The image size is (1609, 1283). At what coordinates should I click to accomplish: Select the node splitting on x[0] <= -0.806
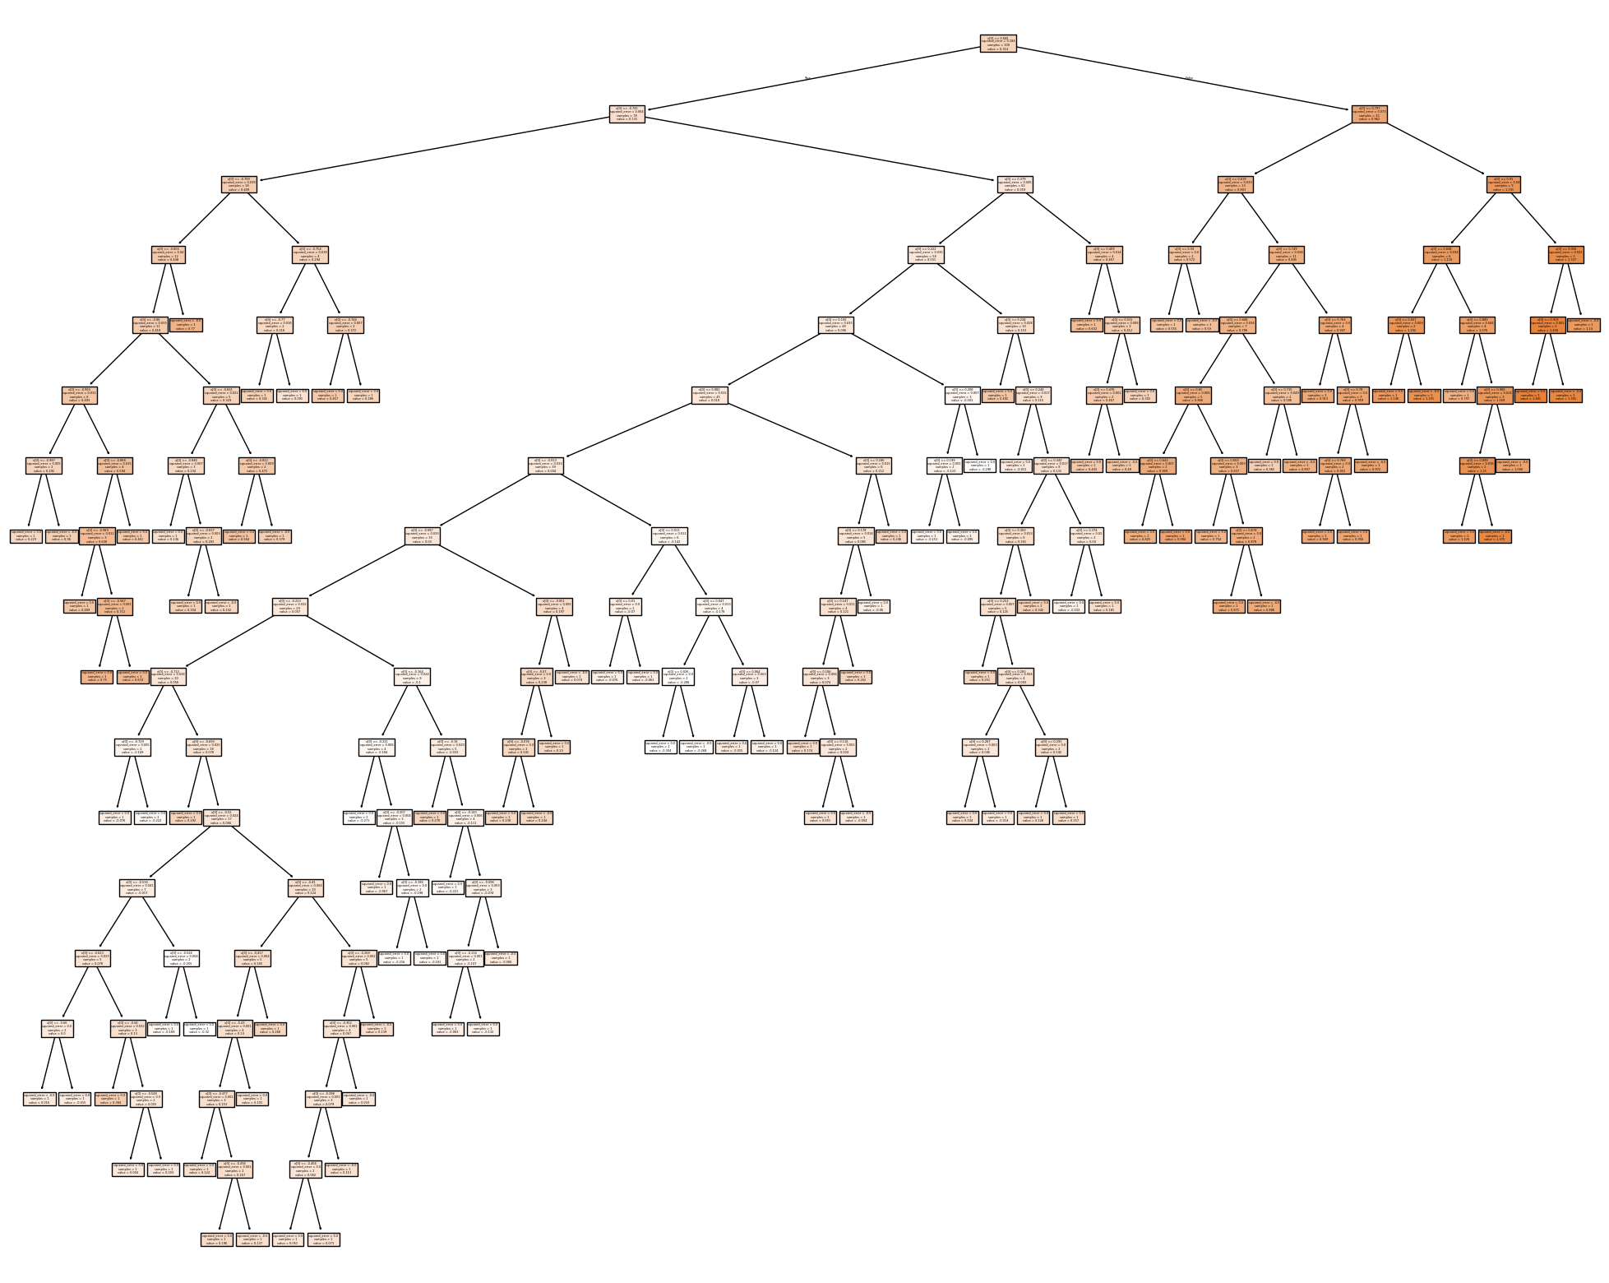(x=169, y=255)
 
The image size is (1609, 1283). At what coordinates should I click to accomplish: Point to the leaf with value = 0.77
(x=187, y=325)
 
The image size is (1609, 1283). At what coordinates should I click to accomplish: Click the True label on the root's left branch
(x=807, y=78)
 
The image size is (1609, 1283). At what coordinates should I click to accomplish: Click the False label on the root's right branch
(x=1189, y=78)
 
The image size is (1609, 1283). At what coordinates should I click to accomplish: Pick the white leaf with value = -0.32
(x=198, y=1028)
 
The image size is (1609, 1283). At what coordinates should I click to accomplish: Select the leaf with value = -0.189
(x=163, y=1028)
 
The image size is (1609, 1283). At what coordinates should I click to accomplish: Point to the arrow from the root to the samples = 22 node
(x=1185, y=79)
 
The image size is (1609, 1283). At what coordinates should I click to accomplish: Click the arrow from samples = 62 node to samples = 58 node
(x=970, y=220)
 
